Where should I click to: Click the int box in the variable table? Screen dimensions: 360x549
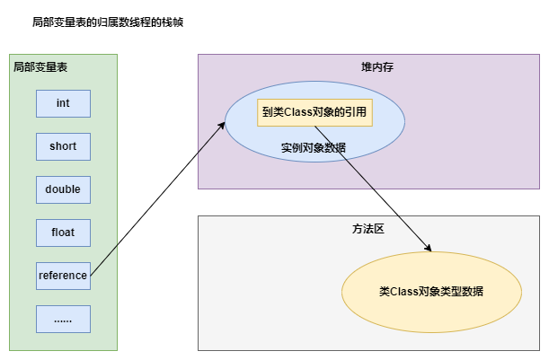coord(63,103)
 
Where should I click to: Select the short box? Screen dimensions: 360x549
coord(63,146)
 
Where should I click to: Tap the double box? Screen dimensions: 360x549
coord(63,189)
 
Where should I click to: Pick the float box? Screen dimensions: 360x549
coord(63,233)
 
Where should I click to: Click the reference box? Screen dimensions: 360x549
coord(63,276)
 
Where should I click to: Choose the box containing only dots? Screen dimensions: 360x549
coord(63,319)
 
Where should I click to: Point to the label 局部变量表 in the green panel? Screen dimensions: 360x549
coord(40,67)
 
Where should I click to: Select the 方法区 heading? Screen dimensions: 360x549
coord(367,229)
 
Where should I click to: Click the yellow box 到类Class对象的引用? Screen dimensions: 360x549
coord(314,112)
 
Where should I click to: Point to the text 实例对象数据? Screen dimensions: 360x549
coord(314,146)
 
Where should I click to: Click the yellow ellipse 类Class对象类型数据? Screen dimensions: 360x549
coord(431,292)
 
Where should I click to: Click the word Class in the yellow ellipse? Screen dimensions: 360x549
coord(403,292)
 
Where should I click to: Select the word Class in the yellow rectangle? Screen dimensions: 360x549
coord(296,112)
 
